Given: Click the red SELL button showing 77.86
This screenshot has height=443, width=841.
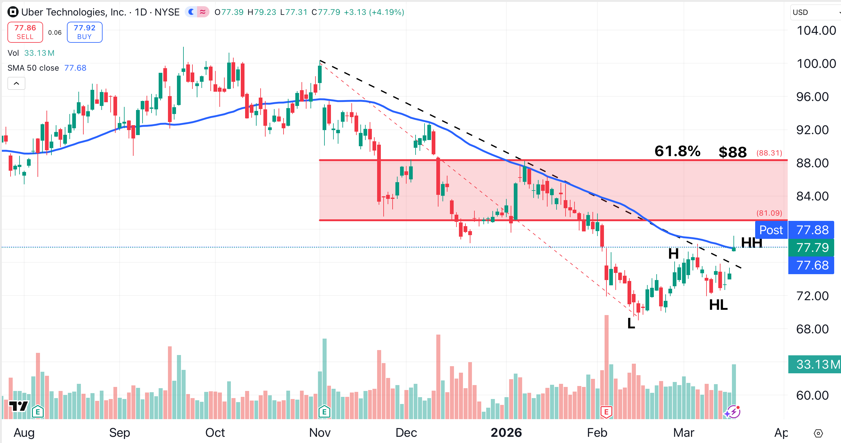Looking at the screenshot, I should tap(25, 32).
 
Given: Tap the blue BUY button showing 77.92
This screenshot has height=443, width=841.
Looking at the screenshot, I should tap(85, 32).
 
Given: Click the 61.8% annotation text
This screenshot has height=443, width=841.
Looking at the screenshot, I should tap(677, 151).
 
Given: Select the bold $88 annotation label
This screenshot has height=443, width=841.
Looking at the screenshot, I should tap(733, 152).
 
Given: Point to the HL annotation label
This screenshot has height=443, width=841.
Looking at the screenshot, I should tap(718, 305).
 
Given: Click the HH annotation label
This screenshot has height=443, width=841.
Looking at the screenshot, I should tap(751, 243).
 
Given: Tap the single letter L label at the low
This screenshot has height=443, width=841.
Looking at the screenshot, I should tap(631, 323).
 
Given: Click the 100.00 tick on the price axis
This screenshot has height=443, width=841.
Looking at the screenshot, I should tap(816, 64).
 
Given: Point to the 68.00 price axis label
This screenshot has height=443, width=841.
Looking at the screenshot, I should tap(812, 329).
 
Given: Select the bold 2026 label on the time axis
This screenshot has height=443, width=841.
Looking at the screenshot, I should tap(506, 432).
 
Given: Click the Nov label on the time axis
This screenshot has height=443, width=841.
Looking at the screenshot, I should tap(319, 432).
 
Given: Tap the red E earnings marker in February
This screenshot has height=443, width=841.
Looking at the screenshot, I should tap(606, 412).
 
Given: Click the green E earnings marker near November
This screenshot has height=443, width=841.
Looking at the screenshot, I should tap(324, 412).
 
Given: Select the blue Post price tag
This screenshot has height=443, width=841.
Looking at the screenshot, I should tap(771, 230).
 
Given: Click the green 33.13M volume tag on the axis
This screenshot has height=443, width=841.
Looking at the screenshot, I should tap(814, 364).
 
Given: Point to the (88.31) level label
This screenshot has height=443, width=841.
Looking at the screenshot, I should tap(769, 153).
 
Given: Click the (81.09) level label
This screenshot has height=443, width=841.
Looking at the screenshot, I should tap(769, 213).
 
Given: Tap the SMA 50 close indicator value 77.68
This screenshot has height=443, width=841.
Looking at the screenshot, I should tap(75, 68).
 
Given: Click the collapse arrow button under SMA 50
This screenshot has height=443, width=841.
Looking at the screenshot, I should tap(16, 84).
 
